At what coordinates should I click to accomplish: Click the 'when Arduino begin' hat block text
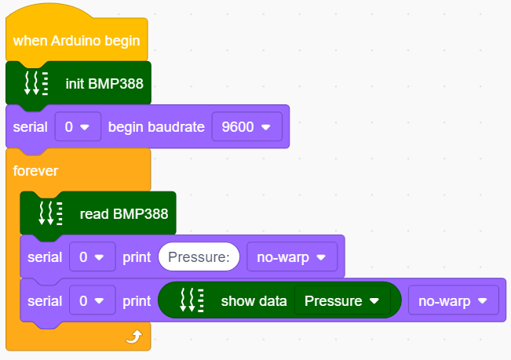[x=76, y=41]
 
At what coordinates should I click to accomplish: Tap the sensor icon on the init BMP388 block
[x=36, y=84]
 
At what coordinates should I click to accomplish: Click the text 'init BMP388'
[x=104, y=84]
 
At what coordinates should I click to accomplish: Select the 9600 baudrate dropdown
[x=247, y=126]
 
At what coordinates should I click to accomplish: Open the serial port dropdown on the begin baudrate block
[x=78, y=126]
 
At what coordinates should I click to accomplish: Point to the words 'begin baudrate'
[x=156, y=127]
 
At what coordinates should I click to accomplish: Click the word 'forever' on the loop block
[x=35, y=171]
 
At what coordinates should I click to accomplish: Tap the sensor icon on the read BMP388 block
[x=50, y=213]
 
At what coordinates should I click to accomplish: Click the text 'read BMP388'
[x=124, y=214]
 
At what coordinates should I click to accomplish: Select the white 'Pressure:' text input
[x=199, y=256]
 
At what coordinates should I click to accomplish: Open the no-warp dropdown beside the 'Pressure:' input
[x=292, y=256]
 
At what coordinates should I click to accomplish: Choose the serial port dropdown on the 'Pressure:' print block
[x=92, y=256]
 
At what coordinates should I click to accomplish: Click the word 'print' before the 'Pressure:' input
[x=137, y=257]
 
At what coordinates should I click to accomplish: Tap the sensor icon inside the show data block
[x=192, y=300]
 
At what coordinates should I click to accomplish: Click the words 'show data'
[x=254, y=300]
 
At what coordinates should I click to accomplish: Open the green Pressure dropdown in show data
[x=342, y=300]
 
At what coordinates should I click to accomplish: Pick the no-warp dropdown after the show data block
[x=454, y=300]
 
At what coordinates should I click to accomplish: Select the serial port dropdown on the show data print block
[x=92, y=300]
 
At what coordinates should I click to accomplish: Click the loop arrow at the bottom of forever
[x=134, y=337]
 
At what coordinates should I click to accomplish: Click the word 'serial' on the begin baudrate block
[x=31, y=127]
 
